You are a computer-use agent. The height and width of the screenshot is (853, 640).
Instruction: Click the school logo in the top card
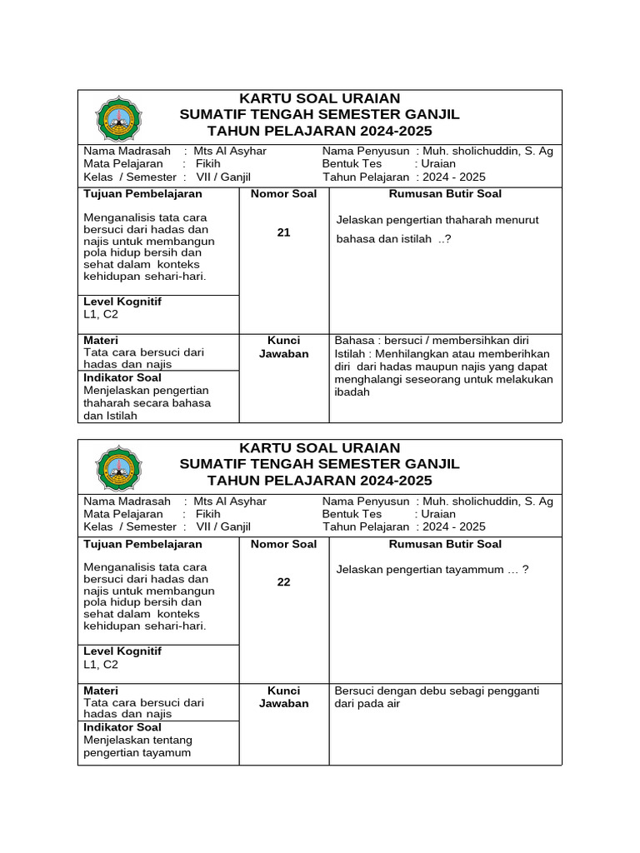(119, 117)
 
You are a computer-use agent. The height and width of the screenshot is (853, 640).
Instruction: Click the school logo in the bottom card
(119, 467)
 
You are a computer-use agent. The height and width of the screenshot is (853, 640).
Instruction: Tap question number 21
(283, 232)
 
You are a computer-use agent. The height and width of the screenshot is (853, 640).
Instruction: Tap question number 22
(283, 582)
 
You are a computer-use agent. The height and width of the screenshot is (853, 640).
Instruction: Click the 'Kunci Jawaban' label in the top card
(283, 347)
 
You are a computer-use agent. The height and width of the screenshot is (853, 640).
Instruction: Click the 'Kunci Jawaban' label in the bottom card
(283, 696)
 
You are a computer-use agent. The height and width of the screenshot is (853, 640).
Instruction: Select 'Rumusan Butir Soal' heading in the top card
(445, 194)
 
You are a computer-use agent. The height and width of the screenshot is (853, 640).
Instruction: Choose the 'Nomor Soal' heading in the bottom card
(283, 544)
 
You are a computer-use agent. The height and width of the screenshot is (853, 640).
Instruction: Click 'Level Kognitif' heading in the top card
(122, 302)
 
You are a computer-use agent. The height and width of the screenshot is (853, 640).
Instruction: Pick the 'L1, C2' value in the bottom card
(101, 665)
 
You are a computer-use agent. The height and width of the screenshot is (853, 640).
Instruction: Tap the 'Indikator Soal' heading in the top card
(122, 377)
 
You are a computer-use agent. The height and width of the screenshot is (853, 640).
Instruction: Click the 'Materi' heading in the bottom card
(101, 691)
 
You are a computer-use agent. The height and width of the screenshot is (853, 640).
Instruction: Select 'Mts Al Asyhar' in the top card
(230, 152)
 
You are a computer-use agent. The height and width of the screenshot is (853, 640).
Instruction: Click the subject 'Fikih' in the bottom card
(207, 514)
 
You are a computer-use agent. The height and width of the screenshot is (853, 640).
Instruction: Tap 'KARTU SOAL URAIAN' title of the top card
(320, 99)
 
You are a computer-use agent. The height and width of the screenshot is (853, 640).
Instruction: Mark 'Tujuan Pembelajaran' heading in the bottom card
(142, 544)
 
